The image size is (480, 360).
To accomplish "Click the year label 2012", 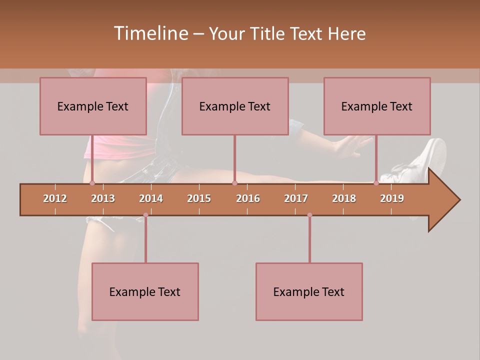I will [x=55, y=198].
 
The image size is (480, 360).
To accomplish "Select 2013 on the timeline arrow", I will [x=103, y=198].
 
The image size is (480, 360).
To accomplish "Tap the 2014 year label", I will [x=151, y=198].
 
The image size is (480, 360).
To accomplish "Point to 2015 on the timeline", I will [x=199, y=198].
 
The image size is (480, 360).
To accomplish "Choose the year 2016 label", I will [x=248, y=198].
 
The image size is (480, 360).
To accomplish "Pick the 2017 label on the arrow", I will [x=296, y=198].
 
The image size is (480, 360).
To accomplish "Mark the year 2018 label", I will [x=344, y=198].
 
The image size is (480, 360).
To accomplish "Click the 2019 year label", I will [x=392, y=198].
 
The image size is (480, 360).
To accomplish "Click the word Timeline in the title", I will [x=150, y=33].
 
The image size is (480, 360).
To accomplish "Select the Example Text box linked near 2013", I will [x=93, y=106].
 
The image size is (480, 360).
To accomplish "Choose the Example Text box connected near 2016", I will [x=235, y=106].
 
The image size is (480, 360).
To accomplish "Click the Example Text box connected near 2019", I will [x=377, y=106].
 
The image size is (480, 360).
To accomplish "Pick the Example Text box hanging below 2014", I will [x=145, y=291].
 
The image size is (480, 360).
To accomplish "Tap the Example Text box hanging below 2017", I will [x=309, y=291].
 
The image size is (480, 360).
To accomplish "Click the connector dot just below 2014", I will [x=145, y=215].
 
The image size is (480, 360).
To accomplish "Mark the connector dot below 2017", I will [x=309, y=215].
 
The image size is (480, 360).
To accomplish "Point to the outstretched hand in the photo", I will [x=352, y=145].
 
